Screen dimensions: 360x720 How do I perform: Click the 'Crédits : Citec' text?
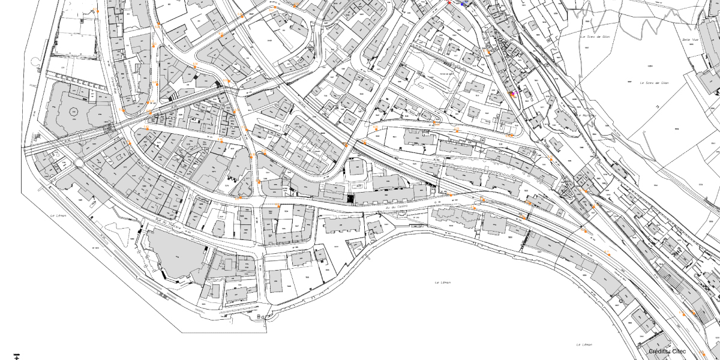pos(667,351)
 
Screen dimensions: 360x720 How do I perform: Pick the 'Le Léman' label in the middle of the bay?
pos(442,282)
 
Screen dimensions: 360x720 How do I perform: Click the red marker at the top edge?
pos(449,2)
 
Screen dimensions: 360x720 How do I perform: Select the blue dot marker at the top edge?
pos(462,4)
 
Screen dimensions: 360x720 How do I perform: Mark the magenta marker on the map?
pos(512,94)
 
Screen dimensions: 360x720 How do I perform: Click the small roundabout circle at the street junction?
pos(79,163)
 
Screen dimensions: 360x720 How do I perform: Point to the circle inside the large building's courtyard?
pos(74,112)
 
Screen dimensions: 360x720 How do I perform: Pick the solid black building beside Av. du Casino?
pos(350,198)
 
